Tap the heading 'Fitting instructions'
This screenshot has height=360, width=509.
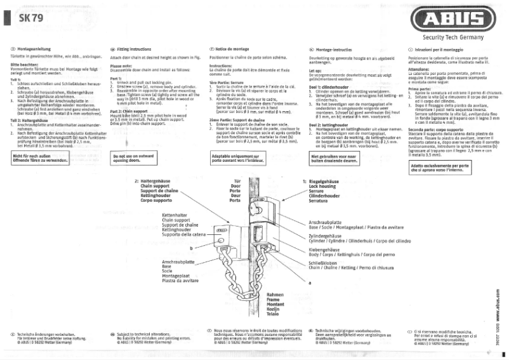(x=135, y=49)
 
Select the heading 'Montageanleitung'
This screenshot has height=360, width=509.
(x=37, y=49)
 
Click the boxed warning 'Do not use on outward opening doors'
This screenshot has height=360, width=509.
(x=133, y=158)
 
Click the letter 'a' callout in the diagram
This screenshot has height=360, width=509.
(x=310, y=282)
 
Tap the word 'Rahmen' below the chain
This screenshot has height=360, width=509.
(x=275, y=295)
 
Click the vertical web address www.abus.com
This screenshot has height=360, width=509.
(x=493, y=305)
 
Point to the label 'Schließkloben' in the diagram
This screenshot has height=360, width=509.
(x=324, y=262)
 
